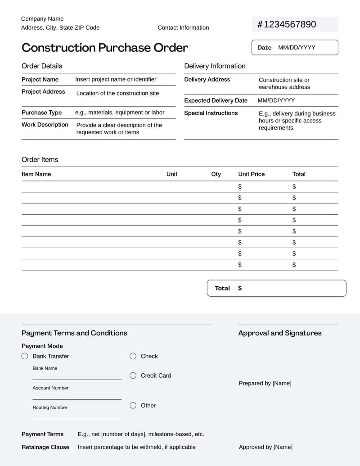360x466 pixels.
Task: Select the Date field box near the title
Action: (x=294, y=47)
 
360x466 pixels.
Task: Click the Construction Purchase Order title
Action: (x=105, y=48)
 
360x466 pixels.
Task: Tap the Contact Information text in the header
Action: (x=183, y=27)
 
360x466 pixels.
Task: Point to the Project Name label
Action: (x=40, y=79)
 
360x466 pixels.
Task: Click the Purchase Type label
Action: (x=41, y=113)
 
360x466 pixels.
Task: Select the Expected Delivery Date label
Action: (x=216, y=100)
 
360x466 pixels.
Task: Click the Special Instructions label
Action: (x=211, y=113)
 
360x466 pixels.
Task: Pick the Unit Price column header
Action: (x=251, y=174)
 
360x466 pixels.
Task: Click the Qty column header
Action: (x=216, y=174)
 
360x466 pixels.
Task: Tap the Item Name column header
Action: (x=36, y=174)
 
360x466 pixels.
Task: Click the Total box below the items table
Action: (x=276, y=288)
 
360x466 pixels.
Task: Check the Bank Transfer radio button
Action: (x=25, y=356)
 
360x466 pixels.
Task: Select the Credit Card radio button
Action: (x=133, y=376)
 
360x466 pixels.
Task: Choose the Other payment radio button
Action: (x=133, y=405)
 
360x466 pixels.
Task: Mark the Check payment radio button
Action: (x=133, y=356)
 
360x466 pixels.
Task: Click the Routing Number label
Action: (x=49, y=407)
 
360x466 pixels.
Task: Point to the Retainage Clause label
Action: (x=45, y=447)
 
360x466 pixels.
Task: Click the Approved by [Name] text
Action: (x=265, y=447)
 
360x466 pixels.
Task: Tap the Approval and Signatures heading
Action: (x=279, y=333)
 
